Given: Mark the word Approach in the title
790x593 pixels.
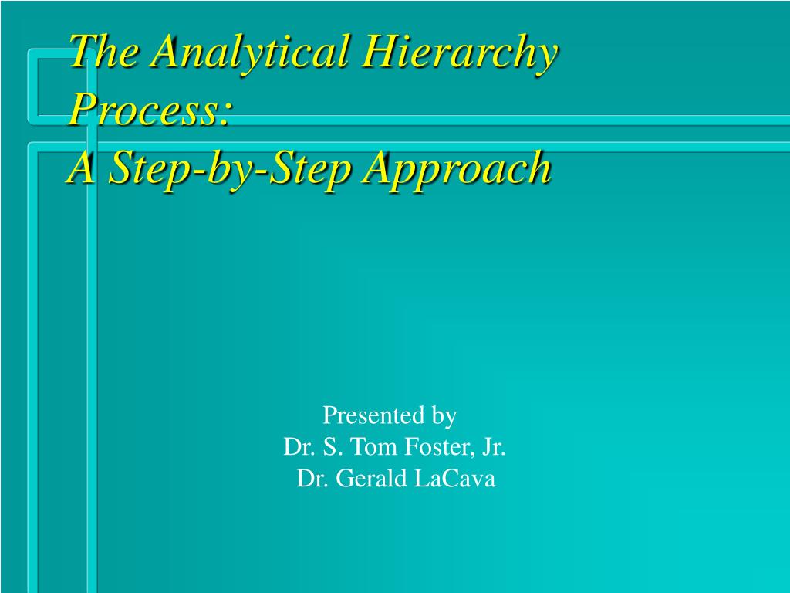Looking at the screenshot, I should point(457,168).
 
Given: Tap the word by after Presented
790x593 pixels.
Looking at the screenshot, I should point(444,418).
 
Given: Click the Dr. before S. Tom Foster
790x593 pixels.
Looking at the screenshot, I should point(297,447).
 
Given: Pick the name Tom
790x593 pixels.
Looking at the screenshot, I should point(370,447).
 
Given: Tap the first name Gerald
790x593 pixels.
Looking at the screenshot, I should point(370,479).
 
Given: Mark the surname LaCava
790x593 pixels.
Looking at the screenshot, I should point(454,479).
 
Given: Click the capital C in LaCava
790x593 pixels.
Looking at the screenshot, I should point(447,479).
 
